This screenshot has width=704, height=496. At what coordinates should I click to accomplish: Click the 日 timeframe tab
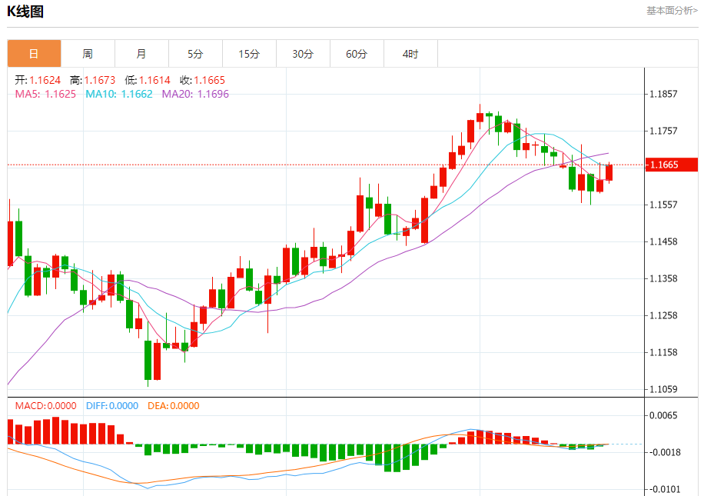(34, 54)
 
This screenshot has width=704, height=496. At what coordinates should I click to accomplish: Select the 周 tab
(88, 54)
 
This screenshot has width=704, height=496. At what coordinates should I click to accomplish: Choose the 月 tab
(141, 54)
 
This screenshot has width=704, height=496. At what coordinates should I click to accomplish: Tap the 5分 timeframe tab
(195, 54)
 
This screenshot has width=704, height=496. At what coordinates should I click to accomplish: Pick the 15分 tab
(249, 54)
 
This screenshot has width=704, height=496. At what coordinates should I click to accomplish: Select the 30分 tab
(303, 54)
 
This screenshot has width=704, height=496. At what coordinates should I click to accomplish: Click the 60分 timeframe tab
(357, 54)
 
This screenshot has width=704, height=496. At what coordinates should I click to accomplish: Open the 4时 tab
(410, 54)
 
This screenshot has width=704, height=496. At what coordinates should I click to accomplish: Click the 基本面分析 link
(672, 11)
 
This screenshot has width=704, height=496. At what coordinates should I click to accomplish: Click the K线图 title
(25, 12)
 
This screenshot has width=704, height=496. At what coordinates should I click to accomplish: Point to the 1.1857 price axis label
(663, 95)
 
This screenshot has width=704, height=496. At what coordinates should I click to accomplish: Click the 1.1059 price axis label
(663, 389)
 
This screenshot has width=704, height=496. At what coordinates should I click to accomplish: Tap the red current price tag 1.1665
(669, 165)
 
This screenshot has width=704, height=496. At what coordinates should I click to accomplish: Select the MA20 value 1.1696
(213, 94)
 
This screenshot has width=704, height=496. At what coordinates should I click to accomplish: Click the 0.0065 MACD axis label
(663, 416)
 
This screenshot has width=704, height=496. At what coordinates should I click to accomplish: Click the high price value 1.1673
(99, 80)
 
